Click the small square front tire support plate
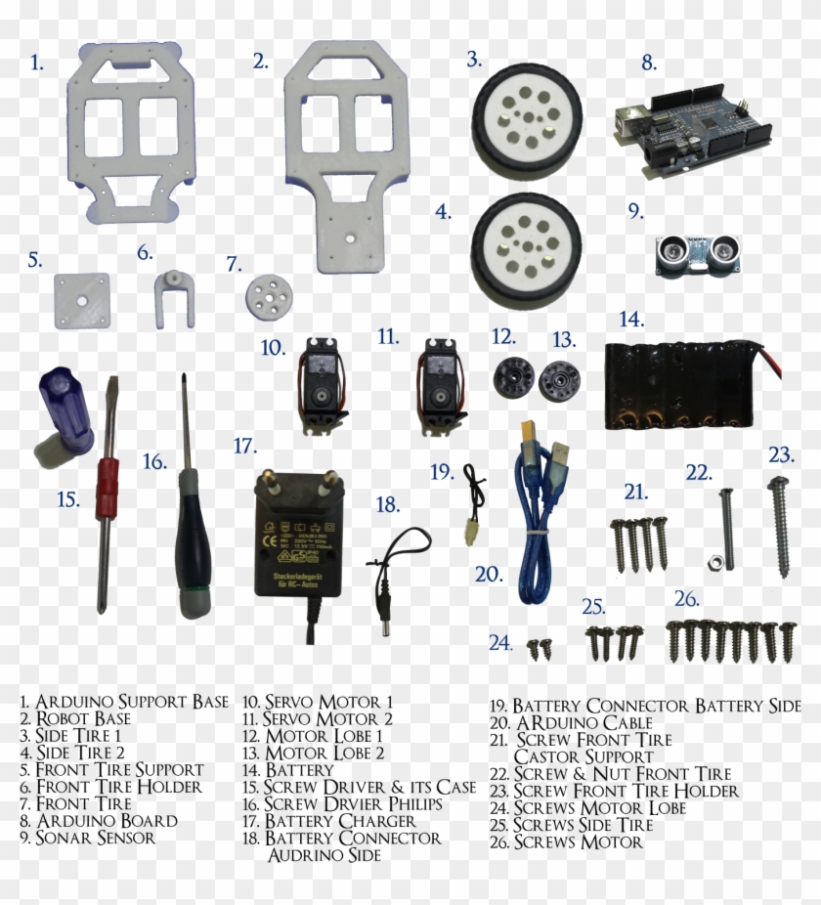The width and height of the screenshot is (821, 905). click(x=81, y=301)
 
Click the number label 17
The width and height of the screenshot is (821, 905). click(x=244, y=446)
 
